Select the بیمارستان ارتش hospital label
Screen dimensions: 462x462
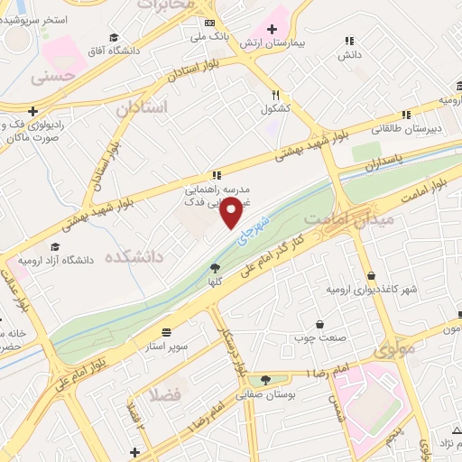(x=304, y=42)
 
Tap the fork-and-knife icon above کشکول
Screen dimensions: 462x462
(x=275, y=94)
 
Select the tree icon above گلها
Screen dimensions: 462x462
(x=215, y=268)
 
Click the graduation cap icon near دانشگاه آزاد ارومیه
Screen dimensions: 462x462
(x=55, y=247)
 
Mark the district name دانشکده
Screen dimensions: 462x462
(x=134, y=257)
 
